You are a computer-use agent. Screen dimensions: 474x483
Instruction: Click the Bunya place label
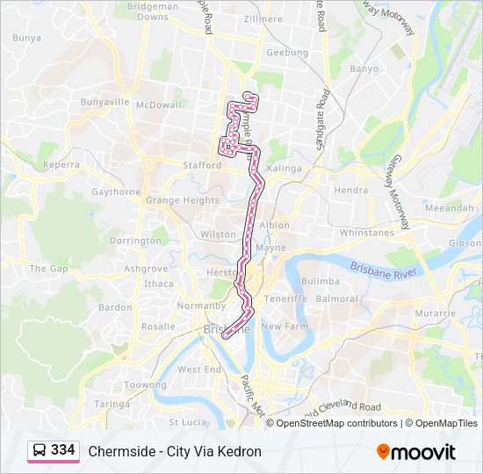click(27, 38)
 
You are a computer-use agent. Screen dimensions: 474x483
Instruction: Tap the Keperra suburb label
click(61, 164)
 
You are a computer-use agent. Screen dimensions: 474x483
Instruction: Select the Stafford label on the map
click(202, 164)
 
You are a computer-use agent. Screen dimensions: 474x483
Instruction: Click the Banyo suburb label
click(364, 68)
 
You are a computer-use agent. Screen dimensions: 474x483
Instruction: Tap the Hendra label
click(351, 190)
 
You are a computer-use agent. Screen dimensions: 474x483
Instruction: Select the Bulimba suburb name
click(320, 281)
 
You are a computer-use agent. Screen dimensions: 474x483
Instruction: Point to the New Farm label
click(283, 326)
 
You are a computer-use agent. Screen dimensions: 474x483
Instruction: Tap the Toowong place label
click(145, 384)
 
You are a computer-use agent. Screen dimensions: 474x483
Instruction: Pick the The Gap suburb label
click(48, 269)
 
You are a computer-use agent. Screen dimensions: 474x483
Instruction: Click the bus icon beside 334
click(40, 450)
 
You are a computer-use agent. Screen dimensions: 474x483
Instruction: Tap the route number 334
click(62, 450)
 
